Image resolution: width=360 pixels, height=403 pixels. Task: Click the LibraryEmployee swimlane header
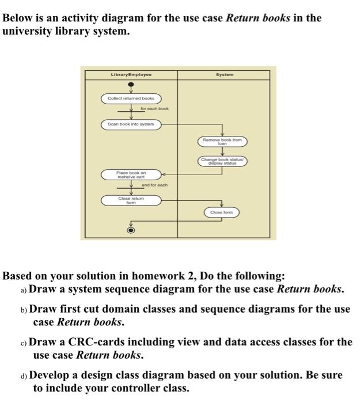coord(131,75)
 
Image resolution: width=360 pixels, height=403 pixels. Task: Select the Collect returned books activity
coord(131,99)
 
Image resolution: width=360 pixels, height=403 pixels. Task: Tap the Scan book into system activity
coord(131,124)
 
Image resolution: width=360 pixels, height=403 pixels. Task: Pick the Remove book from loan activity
coord(222,140)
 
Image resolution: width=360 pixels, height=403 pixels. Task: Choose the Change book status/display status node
coord(223,161)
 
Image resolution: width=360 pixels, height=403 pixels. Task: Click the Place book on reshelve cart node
coord(131,174)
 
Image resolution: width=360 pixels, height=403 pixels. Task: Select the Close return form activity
coord(131,200)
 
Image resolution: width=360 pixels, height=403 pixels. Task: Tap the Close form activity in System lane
coord(221,212)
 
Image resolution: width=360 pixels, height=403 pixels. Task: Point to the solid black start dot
coord(131,88)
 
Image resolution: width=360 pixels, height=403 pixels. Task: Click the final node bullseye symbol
coord(131,230)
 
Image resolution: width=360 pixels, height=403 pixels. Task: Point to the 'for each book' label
coord(154,108)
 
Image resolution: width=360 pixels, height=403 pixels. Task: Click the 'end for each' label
coord(154,185)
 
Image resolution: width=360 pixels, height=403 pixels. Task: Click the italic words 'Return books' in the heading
coord(258,17)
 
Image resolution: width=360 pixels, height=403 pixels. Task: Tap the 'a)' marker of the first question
coord(23,290)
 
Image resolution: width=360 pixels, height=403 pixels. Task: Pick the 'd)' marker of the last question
coord(23,375)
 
